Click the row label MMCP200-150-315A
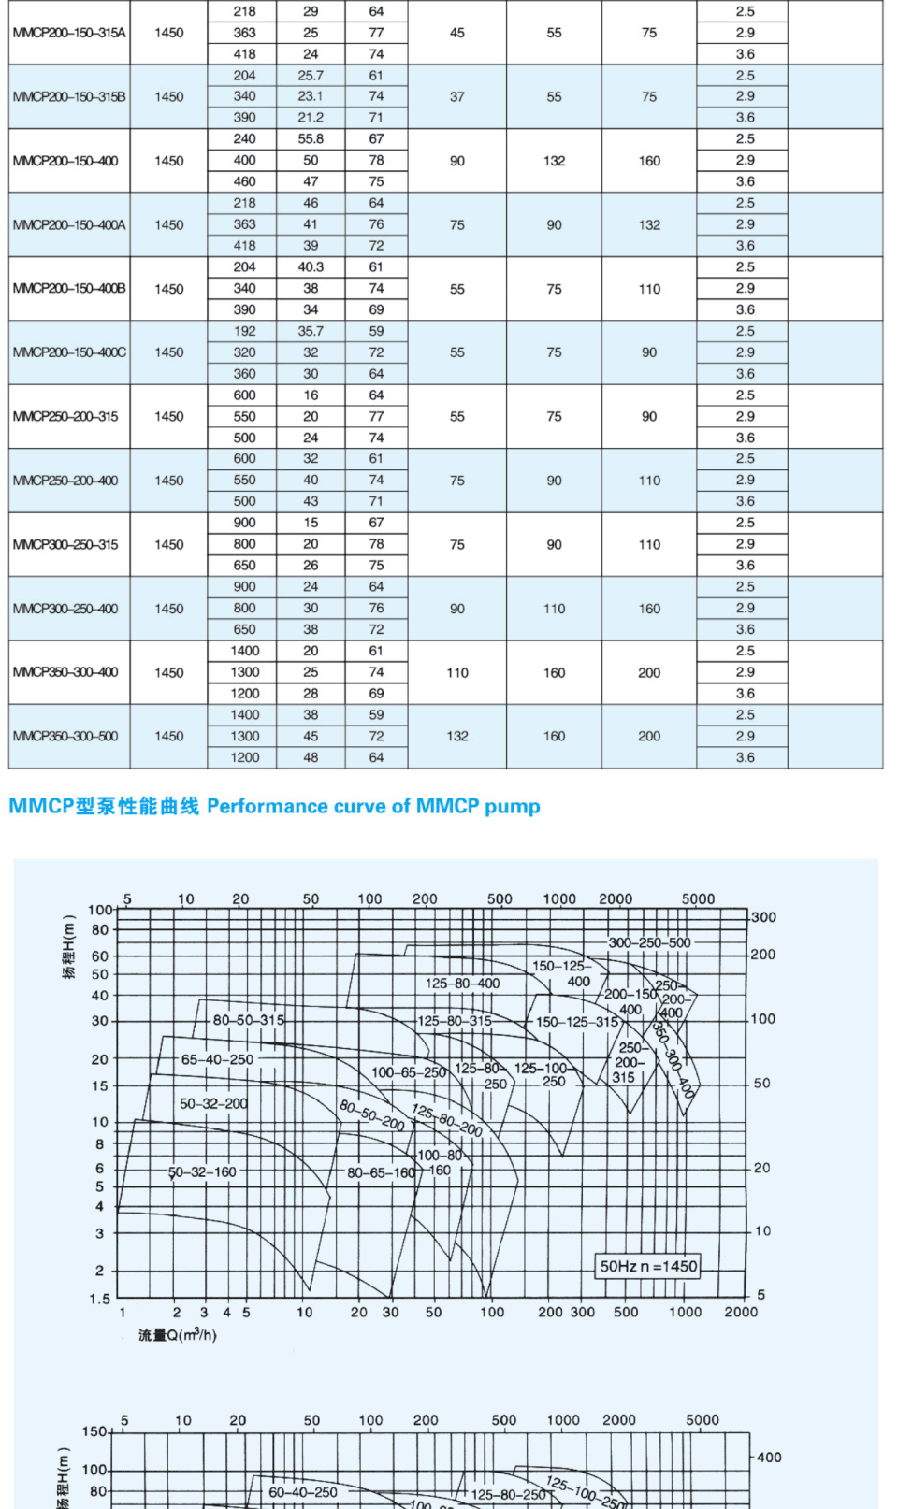click(x=69, y=33)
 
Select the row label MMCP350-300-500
click(x=65, y=737)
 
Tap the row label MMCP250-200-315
click(x=65, y=417)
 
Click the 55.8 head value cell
click(x=311, y=139)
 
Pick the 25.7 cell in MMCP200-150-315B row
click(x=311, y=76)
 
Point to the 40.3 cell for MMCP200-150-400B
click(x=311, y=267)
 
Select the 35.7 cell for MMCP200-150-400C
click(x=311, y=331)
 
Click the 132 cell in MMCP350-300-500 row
click(x=457, y=737)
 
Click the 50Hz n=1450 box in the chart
click(x=648, y=1266)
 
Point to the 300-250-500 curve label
click(x=649, y=942)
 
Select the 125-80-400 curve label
click(x=462, y=984)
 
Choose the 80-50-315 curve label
click(x=248, y=1020)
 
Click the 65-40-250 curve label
click(x=217, y=1059)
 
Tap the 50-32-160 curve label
click(x=202, y=1172)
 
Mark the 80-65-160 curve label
click(x=381, y=1172)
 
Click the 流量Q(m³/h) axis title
click(x=178, y=1335)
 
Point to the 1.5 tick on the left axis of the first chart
click(x=100, y=1299)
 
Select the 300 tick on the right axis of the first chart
click(x=763, y=917)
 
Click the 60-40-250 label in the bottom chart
click(x=303, y=1492)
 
